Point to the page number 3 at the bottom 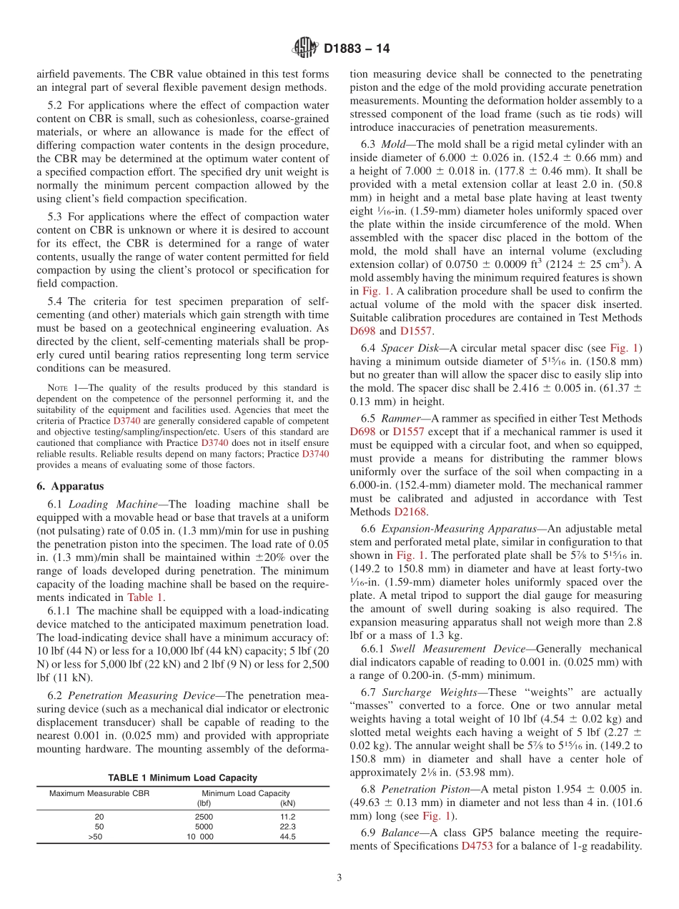tap(339, 878)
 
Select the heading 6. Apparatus tap(70, 486)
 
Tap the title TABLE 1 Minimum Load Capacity tap(182, 778)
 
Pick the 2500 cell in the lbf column tap(204, 815)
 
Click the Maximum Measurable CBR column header tap(99, 793)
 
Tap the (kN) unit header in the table tap(287, 803)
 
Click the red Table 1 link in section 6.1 tap(145, 597)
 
